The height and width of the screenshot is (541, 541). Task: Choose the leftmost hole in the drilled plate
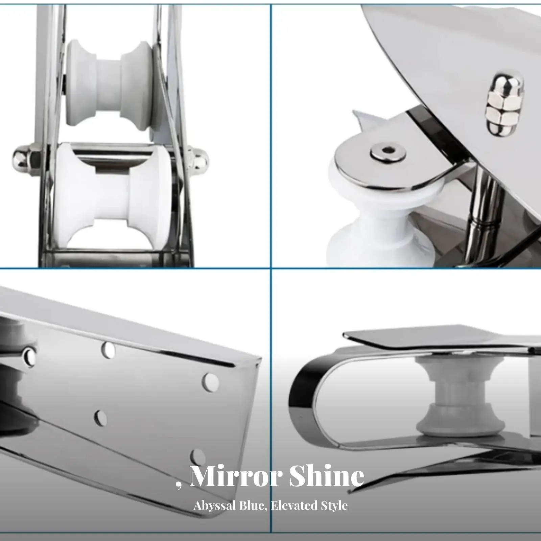(30, 356)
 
